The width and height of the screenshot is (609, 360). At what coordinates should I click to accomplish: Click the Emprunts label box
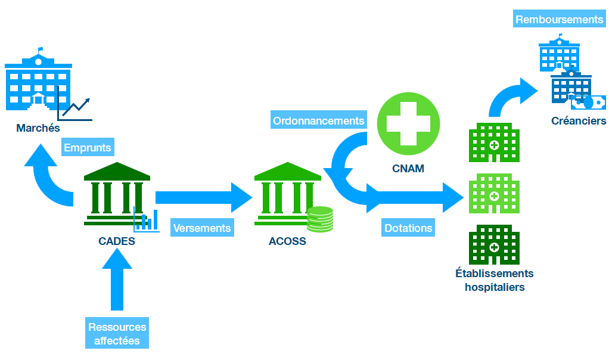click(x=88, y=148)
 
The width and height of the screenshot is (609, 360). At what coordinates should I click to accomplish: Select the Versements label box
click(x=202, y=228)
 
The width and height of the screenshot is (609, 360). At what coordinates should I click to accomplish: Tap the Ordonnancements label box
click(x=318, y=121)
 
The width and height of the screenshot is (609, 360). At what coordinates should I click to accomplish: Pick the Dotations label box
click(x=408, y=228)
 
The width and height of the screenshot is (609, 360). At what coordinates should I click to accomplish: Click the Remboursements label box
click(x=559, y=20)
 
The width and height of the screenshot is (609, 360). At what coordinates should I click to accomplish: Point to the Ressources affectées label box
click(x=117, y=334)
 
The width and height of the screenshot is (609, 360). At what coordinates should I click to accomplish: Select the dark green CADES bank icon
click(x=116, y=194)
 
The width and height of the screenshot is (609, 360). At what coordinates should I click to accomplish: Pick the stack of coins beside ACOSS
click(x=320, y=219)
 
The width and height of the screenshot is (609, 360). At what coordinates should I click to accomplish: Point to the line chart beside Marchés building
click(x=76, y=107)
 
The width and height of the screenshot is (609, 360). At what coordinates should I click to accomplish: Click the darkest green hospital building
click(x=494, y=245)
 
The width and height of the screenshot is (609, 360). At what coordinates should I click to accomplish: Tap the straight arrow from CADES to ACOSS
click(x=203, y=197)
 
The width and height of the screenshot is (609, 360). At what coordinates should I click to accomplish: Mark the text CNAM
click(x=408, y=169)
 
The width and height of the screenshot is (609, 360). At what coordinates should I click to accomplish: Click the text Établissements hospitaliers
click(x=494, y=280)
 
